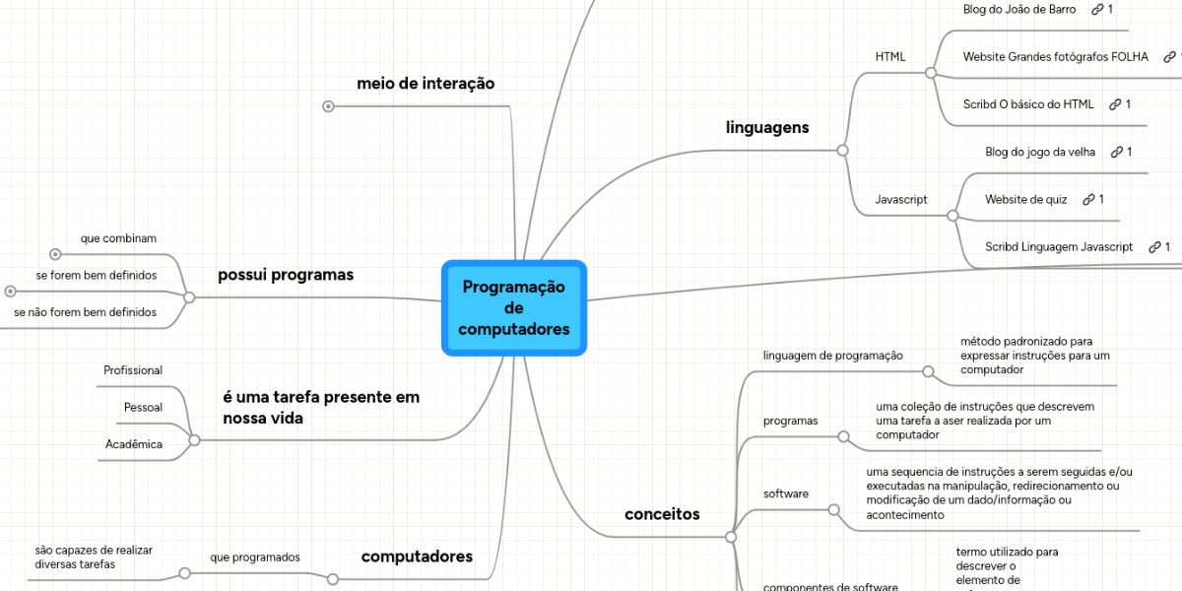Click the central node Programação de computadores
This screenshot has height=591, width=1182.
[x=514, y=307]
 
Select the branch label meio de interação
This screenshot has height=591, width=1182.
[x=426, y=84]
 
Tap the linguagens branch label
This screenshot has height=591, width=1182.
[x=767, y=127]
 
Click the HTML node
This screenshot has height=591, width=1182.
[x=889, y=56]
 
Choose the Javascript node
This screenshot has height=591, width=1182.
[x=901, y=199]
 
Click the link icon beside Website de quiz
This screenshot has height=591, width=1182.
[x=1088, y=199]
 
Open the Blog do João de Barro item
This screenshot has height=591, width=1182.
[x=1019, y=9]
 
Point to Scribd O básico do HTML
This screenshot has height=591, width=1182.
[x=1028, y=103]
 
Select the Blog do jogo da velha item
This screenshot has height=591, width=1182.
[x=1040, y=152]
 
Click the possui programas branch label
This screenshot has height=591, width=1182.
[x=286, y=275]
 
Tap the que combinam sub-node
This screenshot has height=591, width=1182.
[x=118, y=238]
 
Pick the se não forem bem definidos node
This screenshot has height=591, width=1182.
[x=85, y=312]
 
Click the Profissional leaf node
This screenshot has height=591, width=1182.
[x=133, y=370]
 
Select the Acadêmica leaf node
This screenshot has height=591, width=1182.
[x=134, y=444]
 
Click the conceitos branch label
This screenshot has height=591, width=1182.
[x=662, y=514]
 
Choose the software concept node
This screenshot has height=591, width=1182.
[x=786, y=493]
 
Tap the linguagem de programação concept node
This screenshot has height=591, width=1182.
[x=833, y=355]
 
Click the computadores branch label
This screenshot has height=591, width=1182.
[x=417, y=557]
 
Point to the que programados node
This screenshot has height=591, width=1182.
[x=254, y=558]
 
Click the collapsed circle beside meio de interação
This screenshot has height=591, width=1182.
[x=328, y=105]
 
